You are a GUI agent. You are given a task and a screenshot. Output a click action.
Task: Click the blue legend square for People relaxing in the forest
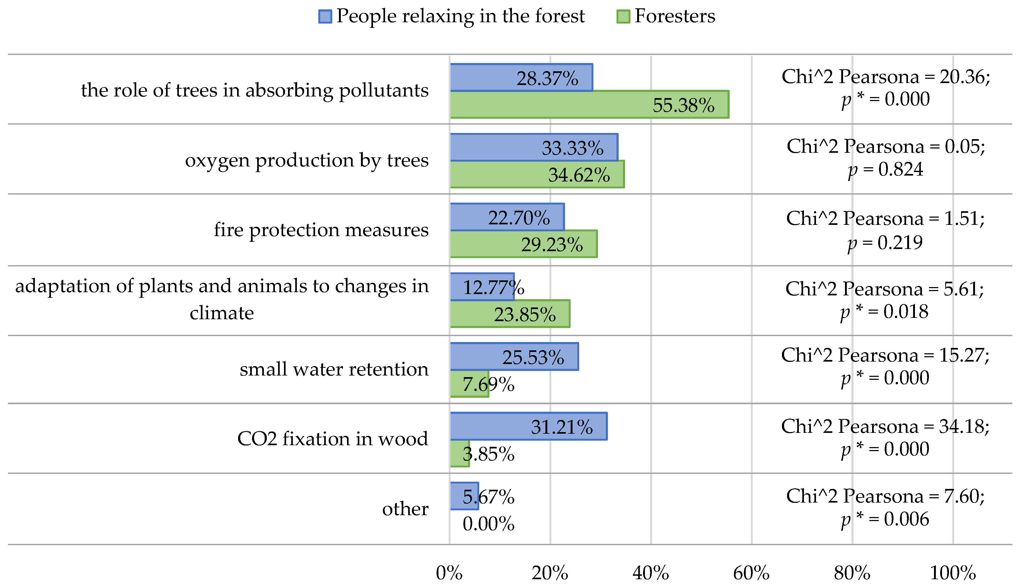point(325,17)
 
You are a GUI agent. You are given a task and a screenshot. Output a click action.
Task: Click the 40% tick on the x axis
point(651,573)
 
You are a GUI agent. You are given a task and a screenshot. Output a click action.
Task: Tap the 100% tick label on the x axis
point(952,573)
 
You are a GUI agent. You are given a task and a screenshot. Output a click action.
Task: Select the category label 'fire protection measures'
point(321,230)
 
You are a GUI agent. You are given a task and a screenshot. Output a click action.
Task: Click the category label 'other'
point(405,509)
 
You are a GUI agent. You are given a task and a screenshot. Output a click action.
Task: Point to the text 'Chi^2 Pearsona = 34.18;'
point(885,426)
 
